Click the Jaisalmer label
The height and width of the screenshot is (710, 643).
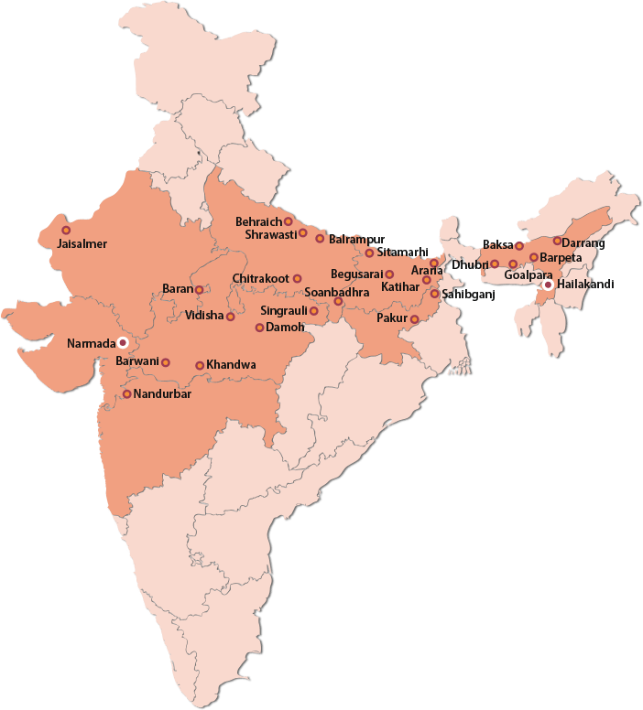82,244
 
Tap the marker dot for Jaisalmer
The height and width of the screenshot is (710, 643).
65,231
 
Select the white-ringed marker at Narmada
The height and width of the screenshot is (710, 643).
122,343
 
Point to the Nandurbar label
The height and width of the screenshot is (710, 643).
162,394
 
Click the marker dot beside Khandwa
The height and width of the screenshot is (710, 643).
200,366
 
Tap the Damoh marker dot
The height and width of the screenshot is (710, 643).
259,328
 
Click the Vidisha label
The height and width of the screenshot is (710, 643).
203,316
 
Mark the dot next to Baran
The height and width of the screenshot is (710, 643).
199,290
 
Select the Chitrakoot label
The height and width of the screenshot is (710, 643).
261,278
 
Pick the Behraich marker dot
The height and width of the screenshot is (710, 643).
288,221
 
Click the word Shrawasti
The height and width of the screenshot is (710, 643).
271,234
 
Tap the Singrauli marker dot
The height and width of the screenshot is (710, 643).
313,311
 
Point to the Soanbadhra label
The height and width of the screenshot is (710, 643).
336,292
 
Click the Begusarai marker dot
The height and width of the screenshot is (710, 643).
389,274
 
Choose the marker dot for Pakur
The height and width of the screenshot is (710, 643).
414,319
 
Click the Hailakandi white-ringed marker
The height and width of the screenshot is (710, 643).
548,285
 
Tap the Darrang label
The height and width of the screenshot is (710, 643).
583,242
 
